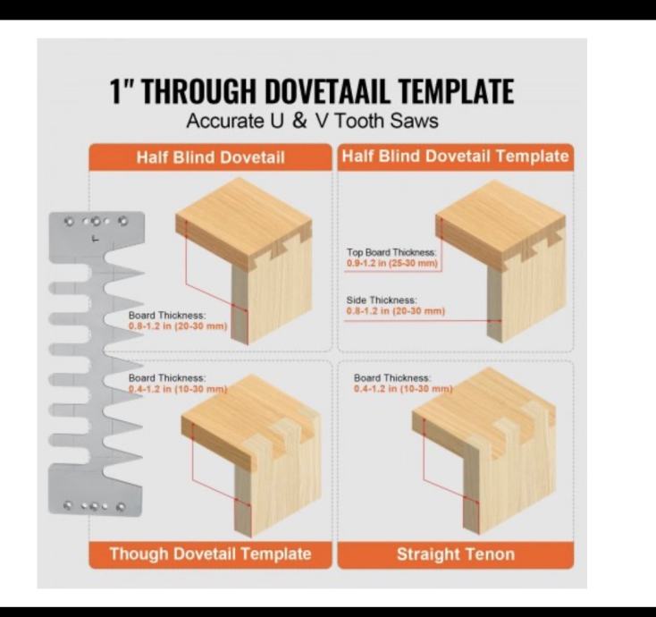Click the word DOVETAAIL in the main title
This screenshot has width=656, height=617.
coord(327,90)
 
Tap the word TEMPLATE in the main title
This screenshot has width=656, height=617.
coord(456,90)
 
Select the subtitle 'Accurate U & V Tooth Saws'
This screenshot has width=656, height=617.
coord(312,121)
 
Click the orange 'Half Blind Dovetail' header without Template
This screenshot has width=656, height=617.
coord(210,157)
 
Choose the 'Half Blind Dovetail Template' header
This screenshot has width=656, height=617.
coord(455,156)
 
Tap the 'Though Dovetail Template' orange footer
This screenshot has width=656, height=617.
coord(210,554)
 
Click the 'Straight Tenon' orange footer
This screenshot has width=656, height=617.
coord(456,554)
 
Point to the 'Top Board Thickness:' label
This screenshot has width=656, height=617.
coord(391,252)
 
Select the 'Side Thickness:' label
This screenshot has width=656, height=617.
coord(382,300)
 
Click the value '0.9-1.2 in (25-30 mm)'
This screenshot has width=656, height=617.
coord(392,263)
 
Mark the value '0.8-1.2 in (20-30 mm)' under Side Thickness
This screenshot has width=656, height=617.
coord(395,311)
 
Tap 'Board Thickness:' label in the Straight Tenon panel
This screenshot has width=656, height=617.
coord(391,377)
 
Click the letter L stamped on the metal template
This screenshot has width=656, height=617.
coord(96,239)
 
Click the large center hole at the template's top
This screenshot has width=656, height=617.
coord(96,222)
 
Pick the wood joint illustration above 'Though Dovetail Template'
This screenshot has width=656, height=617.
coord(251,455)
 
